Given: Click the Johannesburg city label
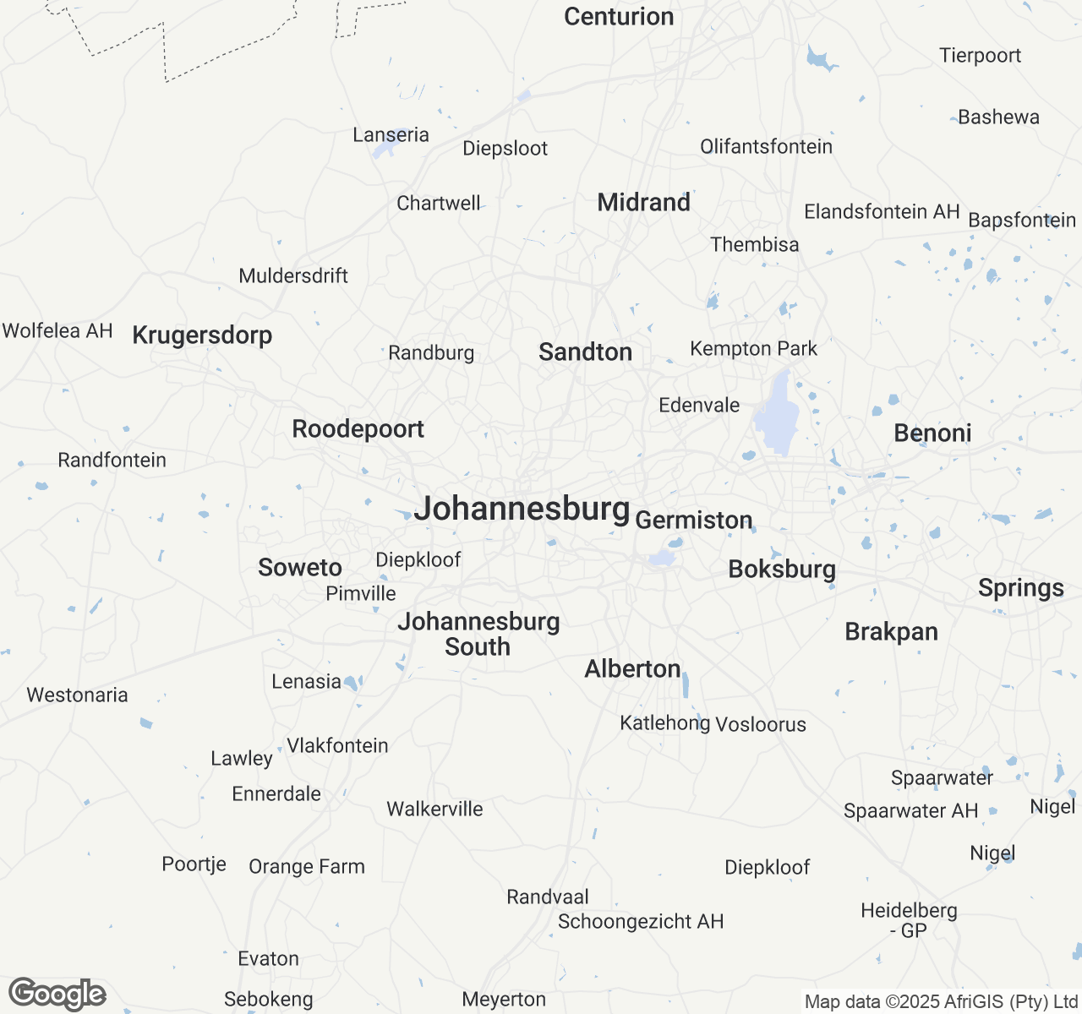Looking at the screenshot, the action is (x=522, y=509).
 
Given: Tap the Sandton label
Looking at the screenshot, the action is (x=585, y=352).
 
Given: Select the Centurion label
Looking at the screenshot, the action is (x=619, y=17).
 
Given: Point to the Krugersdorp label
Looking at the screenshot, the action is (x=202, y=335).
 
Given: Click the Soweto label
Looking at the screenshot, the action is (x=300, y=568).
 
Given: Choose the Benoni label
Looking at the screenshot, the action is (x=932, y=433).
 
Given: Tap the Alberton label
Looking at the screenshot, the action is (x=632, y=669).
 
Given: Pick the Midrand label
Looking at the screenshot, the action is (x=643, y=203).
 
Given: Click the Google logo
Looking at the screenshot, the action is (x=57, y=994).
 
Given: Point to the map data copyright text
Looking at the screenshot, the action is (x=941, y=1002).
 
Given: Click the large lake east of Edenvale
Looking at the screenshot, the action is (x=776, y=418).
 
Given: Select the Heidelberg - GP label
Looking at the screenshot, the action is (x=909, y=920).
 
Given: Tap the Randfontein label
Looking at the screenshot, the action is (x=112, y=461).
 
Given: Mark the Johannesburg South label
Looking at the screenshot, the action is (x=478, y=634).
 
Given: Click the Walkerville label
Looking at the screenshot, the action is (x=434, y=810).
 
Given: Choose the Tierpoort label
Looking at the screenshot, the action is (x=980, y=56).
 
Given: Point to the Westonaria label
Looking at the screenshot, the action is (x=77, y=695).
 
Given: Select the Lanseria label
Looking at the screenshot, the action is (x=391, y=135).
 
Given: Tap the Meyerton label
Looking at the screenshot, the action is (x=504, y=1000).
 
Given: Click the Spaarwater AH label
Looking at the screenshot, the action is (x=910, y=811).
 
